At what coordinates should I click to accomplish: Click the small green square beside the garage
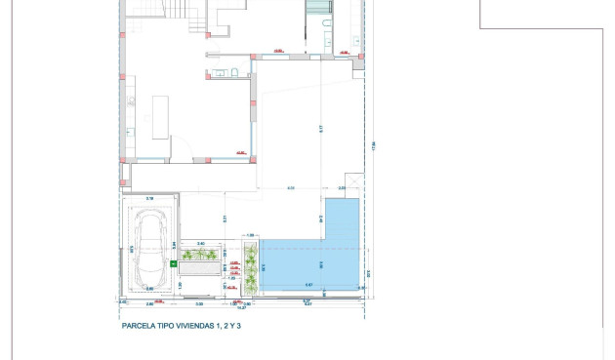click(x=174, y=263)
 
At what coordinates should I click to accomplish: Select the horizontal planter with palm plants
click(x=201, y=256)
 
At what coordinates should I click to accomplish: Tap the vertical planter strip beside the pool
click(x=250, y=268)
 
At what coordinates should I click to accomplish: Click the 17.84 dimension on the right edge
click(x=373, y=146)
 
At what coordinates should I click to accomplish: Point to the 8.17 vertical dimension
click(x=321, y=129)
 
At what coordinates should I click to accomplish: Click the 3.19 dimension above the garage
click(x=149, y=199)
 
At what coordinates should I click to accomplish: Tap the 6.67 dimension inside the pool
click(x=308, y=285)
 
